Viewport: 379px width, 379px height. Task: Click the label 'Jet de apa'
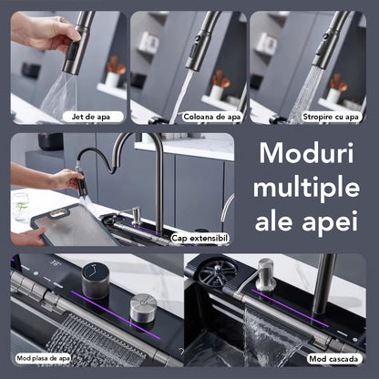91,117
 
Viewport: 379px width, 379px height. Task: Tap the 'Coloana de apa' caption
212,117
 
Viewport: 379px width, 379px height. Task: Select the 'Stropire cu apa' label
331,117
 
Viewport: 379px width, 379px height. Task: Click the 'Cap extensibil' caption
200,238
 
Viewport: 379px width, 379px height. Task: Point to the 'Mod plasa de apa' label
43,358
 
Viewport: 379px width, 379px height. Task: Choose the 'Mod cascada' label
333,359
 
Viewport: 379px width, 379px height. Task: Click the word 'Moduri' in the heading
306,153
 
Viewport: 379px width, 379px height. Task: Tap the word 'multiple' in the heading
306,189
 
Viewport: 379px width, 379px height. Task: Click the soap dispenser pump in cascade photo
264,275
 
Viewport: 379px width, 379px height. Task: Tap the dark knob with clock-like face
95,281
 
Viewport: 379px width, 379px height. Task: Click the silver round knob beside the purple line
143,308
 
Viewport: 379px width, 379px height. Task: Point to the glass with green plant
21,207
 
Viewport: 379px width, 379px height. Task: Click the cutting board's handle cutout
58,213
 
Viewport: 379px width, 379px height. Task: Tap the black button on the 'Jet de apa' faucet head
72,52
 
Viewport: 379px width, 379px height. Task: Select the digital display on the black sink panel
56,262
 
